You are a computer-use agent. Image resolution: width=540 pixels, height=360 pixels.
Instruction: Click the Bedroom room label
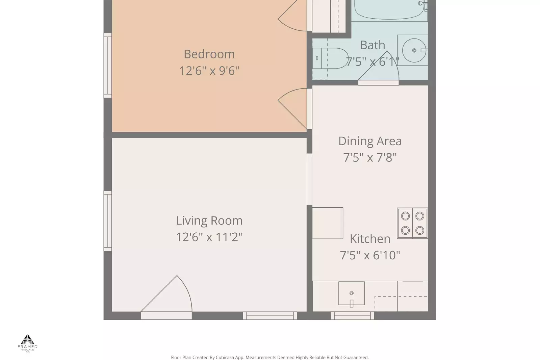(x=209, y=54)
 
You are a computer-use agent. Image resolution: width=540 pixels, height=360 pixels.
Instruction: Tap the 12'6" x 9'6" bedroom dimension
(x=209, y=71)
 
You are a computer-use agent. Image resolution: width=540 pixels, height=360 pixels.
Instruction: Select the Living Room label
(x=209, y=221)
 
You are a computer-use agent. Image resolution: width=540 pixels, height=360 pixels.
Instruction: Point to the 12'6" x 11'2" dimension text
(x=209, y=237)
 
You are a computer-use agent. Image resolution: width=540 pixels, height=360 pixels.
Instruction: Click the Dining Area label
(x=370, y=141)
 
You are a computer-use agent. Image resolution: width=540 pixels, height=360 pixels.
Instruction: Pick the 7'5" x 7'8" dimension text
(x=370, y=157)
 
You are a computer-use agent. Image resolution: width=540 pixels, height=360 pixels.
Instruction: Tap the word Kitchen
(x=370, y=239)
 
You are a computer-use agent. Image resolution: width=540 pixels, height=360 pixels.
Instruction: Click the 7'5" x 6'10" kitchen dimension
(x=370, y=255)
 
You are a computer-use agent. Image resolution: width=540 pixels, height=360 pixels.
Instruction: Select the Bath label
(x=372, y=45)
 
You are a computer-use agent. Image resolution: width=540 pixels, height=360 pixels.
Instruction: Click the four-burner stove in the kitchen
(x=412, y=223)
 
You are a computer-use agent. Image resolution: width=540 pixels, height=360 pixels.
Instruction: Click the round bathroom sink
(x=414, y=50)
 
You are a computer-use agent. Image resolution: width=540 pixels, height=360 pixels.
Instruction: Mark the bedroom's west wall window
(x=107, y=66)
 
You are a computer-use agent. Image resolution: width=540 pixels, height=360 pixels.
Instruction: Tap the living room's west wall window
(x=107, y=221)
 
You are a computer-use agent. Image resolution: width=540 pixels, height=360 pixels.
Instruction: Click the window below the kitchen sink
(x=352, y=316)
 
